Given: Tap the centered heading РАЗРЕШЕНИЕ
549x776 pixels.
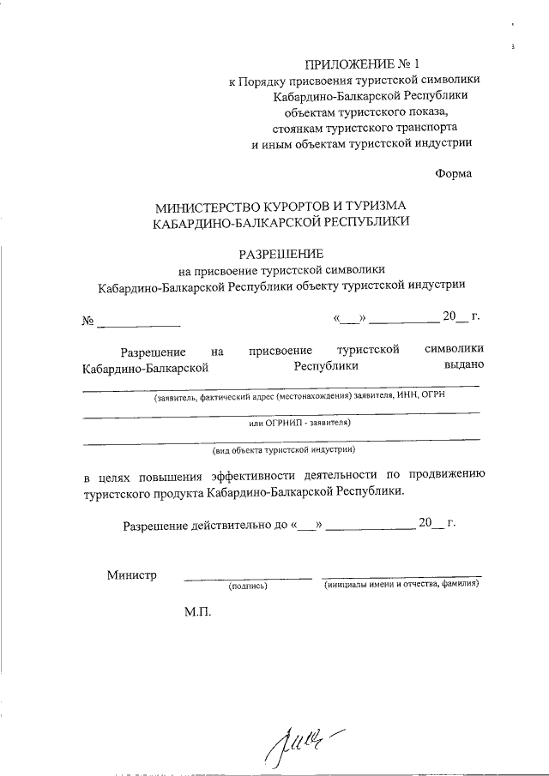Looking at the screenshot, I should pos(281,253).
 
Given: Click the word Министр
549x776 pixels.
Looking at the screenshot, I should pos(131,574).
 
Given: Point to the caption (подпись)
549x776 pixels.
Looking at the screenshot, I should pos(248,587).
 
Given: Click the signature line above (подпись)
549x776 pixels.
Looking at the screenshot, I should pos(248,579).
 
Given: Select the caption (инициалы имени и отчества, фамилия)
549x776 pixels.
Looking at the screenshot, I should pos(401,586).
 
